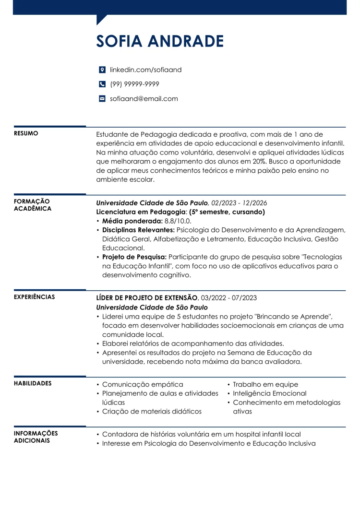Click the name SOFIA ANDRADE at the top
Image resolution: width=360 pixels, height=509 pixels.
pyautogui.click(x=160, y=41)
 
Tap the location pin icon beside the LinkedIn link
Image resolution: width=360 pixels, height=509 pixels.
pyautogui.click(x=102, y=70)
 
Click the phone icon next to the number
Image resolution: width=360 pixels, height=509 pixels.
pyautogui.click(x=102, y=84)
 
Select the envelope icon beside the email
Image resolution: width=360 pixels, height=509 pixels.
pyautogui.click(x=102, y=99)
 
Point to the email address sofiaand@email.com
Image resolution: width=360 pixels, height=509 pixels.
pyautogui.click(x=144, y=99)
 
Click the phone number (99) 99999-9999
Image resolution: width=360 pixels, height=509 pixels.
pyautogui.click(x=134, y=84)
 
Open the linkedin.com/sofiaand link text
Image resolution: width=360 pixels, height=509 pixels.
pyautogui.click(x=145, y=70)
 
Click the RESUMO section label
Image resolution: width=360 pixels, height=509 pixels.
pyautogui.click(x=26, y=133)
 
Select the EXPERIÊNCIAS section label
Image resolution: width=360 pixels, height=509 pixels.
pyautogui.click(x=34, y=297)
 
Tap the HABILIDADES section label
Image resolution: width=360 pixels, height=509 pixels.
pyautogui.click(x=33, y=383)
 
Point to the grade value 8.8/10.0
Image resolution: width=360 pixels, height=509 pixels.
pyautogui.click(x=178, y=221)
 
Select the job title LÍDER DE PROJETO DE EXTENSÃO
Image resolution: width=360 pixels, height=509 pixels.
pyautogui.click(x=147, y=298)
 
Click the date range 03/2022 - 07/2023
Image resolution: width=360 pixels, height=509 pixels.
pyautogui.click(x=229, y=298)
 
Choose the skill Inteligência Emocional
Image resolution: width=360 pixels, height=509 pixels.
pyautogui.click(x=269, y=393)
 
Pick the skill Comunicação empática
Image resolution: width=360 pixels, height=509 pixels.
pyautogui.click(x=143, y=384)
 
